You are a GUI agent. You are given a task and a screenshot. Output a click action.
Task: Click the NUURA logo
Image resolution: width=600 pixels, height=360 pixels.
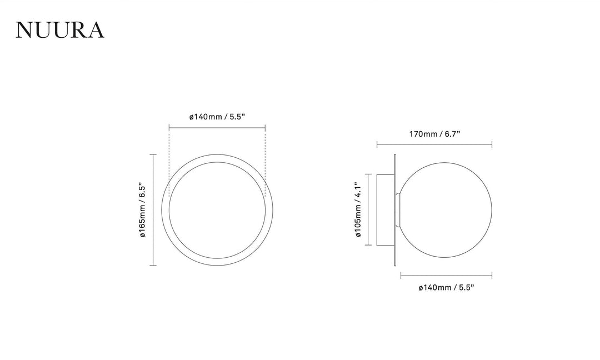(x=59, y=30)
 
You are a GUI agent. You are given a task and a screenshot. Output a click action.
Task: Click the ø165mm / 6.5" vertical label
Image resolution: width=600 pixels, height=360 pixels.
(x=142, y=209)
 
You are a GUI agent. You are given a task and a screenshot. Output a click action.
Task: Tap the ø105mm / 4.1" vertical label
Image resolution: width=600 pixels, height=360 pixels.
(x=358, y=209)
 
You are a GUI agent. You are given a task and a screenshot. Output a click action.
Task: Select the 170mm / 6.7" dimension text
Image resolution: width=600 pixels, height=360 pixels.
(x=434, y=134)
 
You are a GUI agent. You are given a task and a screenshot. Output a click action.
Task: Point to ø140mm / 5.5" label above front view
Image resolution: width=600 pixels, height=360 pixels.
(x=217, y=117)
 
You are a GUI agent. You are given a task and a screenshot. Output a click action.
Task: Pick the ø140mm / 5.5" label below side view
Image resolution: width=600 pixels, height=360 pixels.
(x=446, y=287)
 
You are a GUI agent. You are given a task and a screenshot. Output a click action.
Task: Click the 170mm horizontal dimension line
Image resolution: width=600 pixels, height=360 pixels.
(x=434, y=144)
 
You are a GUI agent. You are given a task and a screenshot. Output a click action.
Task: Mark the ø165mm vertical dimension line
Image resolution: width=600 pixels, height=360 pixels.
(x=153, y=209)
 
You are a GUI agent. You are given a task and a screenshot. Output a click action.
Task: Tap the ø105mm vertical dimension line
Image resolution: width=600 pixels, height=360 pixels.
(x=368, y=209)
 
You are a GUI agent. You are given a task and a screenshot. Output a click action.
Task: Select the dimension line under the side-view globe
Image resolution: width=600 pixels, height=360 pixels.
(x=446, y=276)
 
